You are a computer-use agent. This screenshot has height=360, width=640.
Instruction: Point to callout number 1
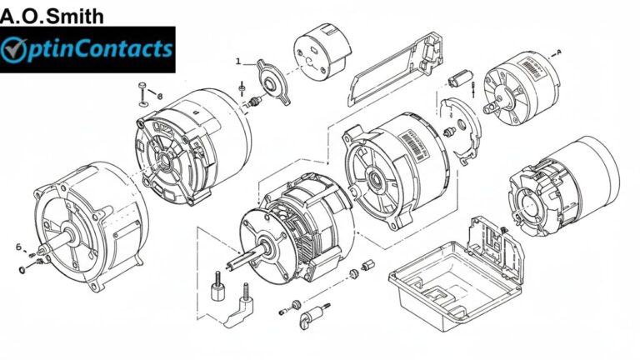tap(237, 61)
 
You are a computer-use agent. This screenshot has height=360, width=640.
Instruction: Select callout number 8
tap(160, 97)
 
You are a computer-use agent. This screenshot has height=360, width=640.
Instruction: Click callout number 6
tap(18, 247)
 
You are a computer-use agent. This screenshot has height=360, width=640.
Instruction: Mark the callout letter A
tap(558, 52)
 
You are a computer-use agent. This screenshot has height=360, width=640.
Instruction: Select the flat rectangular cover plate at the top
tap(392, 71)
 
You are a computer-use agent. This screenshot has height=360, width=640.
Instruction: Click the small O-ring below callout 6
tap(20, 270)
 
